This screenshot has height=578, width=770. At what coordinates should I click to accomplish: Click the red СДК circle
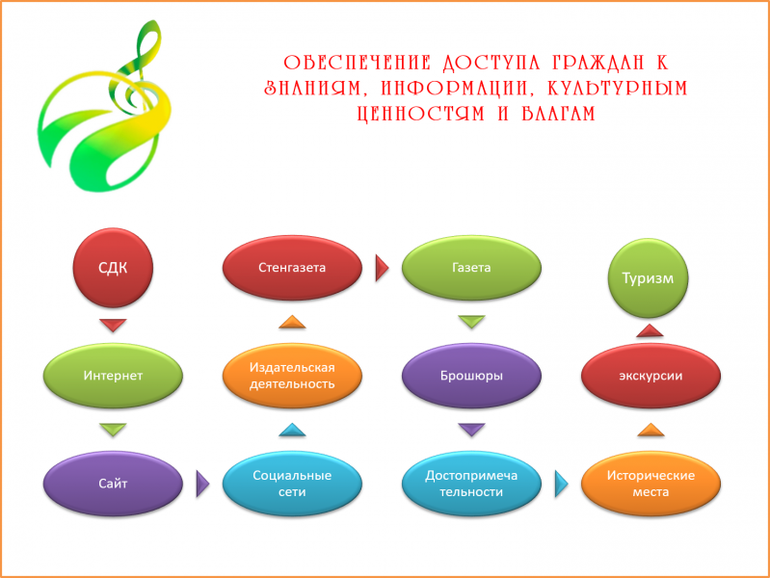click(113, 268)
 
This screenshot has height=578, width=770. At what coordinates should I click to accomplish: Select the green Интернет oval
click(113, 376)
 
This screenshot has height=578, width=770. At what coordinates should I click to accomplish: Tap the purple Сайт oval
click(113, 484)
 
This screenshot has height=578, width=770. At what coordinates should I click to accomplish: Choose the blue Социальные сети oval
click(292, 484)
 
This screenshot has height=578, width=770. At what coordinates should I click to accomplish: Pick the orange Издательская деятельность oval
click(292, 376)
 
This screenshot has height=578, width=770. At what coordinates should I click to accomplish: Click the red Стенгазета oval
click(292, 268)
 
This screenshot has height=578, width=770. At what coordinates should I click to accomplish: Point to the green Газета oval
click(471, 268)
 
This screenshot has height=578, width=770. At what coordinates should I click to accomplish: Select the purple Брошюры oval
click(471, 376)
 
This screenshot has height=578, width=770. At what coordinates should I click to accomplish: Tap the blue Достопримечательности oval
click(471, 484)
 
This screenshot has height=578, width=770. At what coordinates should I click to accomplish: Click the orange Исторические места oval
click(651, 484)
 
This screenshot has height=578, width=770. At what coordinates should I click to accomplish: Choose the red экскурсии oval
click(651, 376)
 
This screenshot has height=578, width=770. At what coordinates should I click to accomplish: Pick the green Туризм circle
click(649, 278)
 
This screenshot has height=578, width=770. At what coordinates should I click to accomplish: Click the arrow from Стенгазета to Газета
click(382, 268)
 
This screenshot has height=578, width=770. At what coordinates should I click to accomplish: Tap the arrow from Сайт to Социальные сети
click(202, 484)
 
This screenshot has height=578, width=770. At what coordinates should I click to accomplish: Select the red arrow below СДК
click(113, 325)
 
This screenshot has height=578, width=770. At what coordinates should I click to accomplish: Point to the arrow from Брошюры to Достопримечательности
click(471, 430)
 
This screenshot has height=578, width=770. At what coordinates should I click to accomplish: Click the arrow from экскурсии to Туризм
click(650, 330)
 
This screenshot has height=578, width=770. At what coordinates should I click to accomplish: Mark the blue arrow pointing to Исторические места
click(561, 484)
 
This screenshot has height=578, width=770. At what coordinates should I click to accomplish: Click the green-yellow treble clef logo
click(105, 106)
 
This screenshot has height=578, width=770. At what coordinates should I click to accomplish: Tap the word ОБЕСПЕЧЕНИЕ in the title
click(358, 63)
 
